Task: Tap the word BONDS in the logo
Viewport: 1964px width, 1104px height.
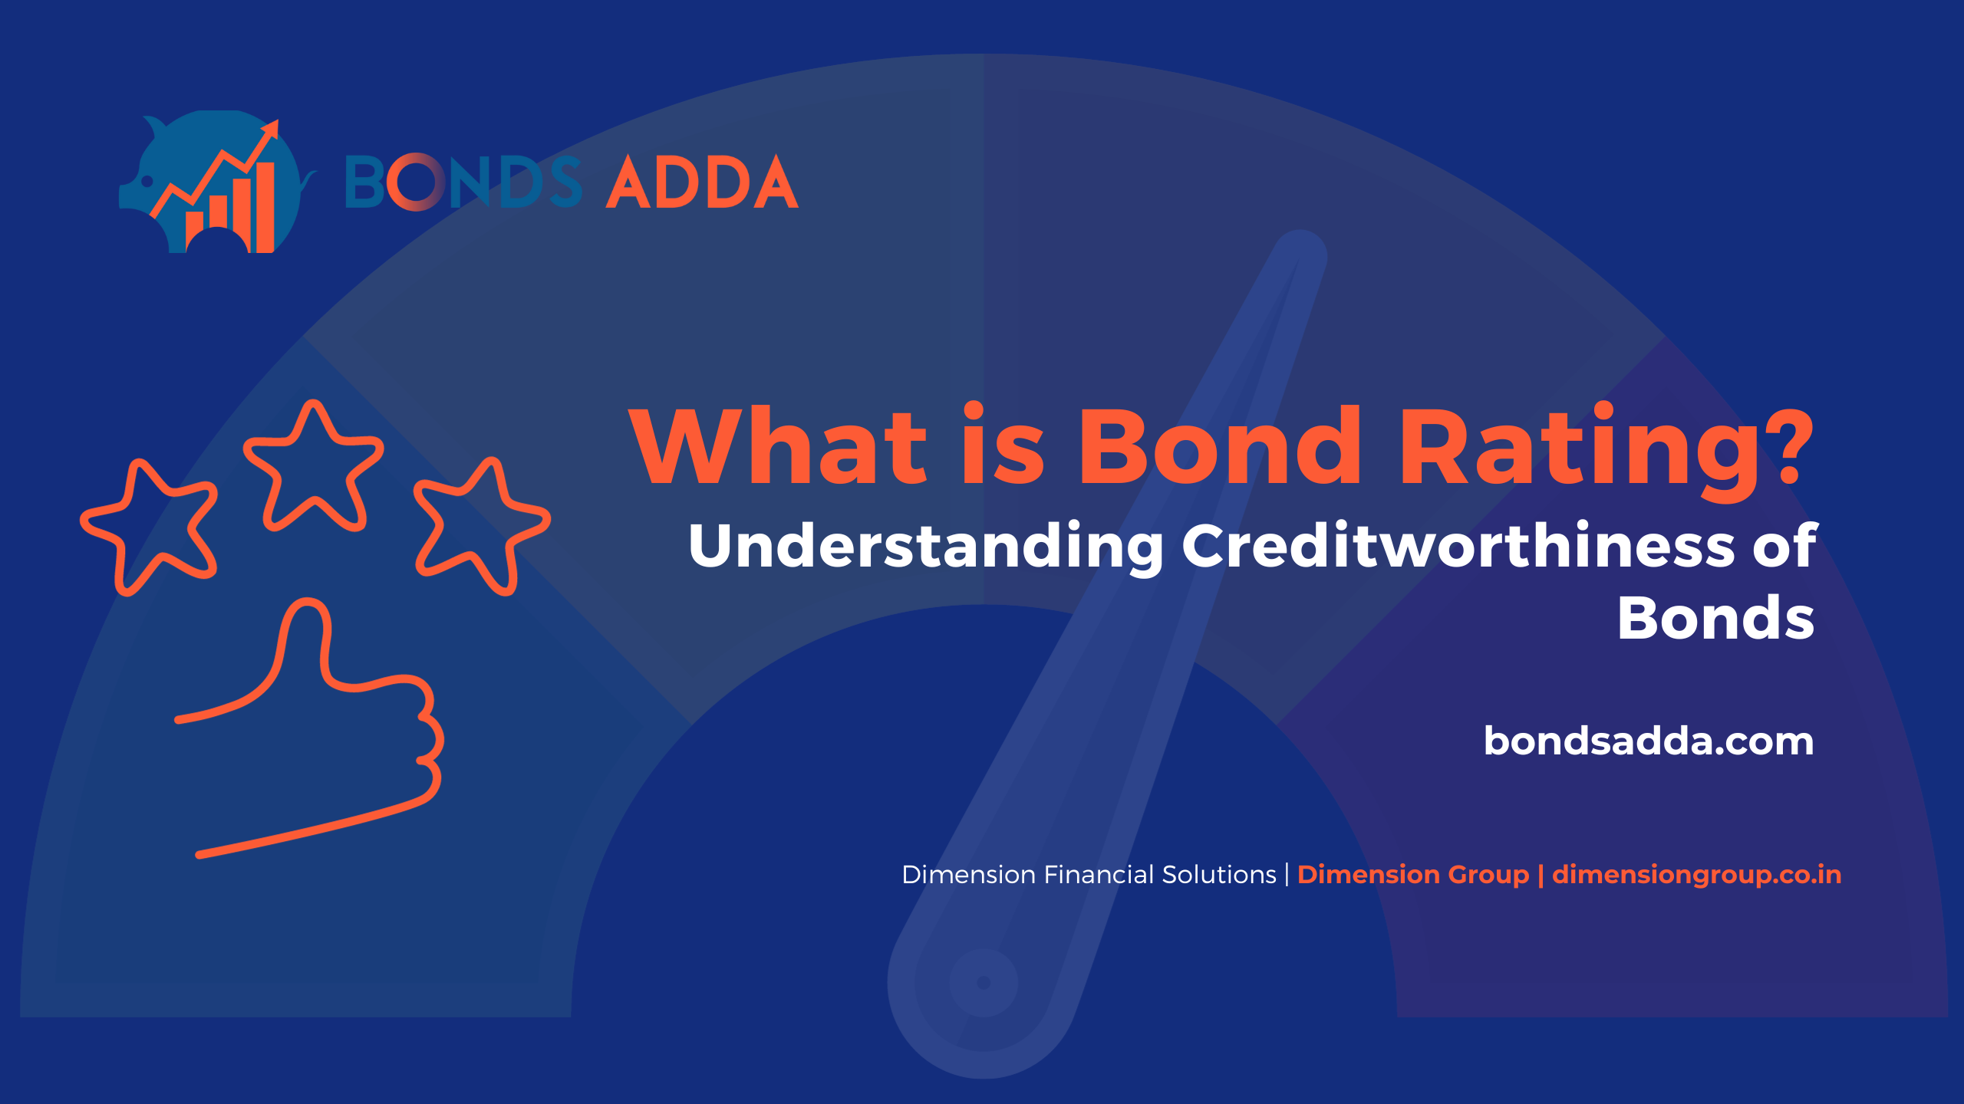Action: coord(463,182)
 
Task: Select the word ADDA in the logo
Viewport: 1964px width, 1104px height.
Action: coord(702,182)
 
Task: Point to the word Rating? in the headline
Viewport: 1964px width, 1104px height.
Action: coord(1606,452)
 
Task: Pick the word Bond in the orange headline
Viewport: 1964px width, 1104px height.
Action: coord(1220,445)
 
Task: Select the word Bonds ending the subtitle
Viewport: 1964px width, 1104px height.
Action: coord(1715,617)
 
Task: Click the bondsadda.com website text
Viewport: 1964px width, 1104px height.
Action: coord(1649,741)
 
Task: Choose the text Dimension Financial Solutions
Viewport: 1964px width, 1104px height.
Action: coord(1089,874)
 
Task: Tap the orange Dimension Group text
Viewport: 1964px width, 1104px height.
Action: coord(1413,874)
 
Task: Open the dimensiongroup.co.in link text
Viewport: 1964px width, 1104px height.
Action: coord(1696,875)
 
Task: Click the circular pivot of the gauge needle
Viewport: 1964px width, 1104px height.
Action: coord(984,983)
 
